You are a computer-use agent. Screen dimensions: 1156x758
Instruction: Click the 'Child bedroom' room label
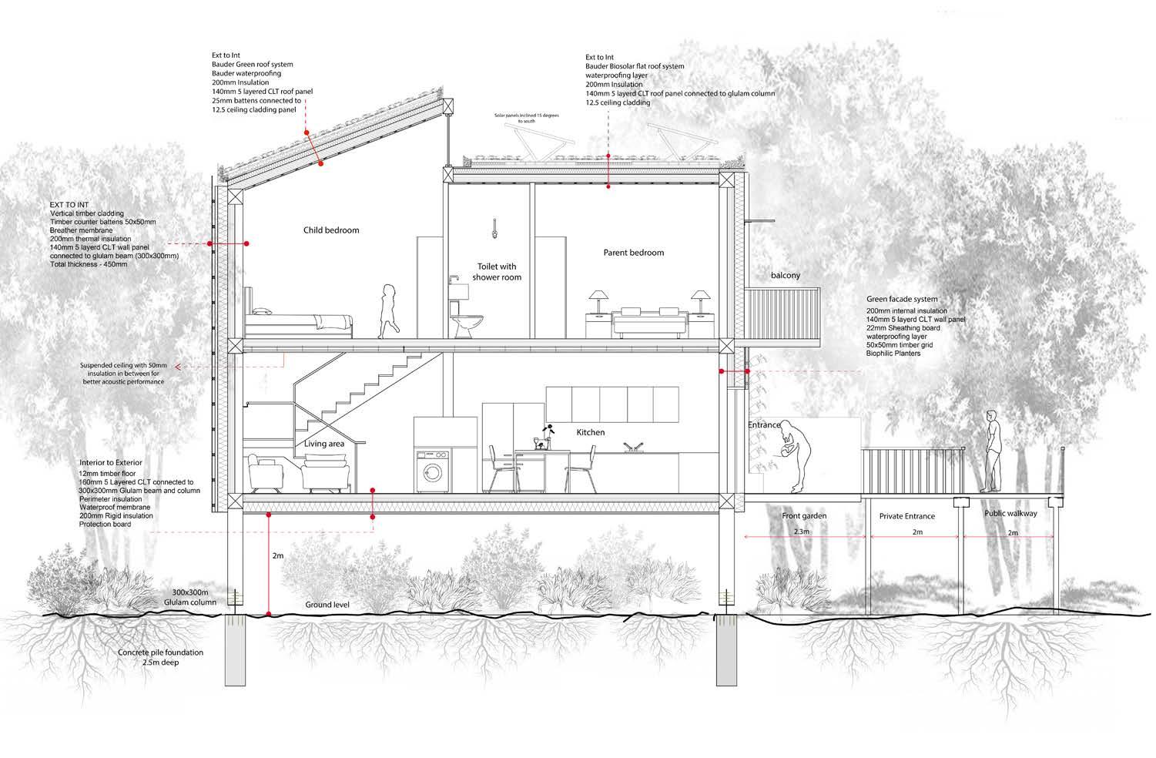pyautogui.click(x=331, y=230)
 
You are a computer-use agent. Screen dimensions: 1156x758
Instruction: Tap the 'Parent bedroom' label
pyautogui.click(x=633, y=253)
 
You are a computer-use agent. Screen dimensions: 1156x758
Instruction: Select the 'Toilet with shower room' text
pyautogui.click(x=497, y=272)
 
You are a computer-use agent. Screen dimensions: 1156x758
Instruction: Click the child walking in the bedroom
pyautogui.click(x=387, y=310)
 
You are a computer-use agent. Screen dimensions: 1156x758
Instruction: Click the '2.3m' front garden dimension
pyautogui.click(x=802, y=532)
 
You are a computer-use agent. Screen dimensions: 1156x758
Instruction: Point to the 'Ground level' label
pyautogui.click(x=327, y=605)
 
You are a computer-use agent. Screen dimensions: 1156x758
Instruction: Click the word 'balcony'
pyautogui.click(x=786, y=275)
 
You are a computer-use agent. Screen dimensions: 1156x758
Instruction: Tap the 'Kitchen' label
pyautogui.click(x=591, y=433)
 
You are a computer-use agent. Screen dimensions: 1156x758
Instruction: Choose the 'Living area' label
pyautogui.click(x=323, y=444)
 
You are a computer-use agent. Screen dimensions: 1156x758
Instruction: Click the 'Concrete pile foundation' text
pyautogui.click(x=161, y=652)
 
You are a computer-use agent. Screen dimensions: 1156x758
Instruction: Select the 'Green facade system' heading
pyautogui.click(x=903, y=300)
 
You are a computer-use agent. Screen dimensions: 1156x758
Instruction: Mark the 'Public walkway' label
pyautogui.click(x=1010, y=513)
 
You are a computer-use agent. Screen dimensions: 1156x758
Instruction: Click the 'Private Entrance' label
pyautogui.click(x=907, y=516)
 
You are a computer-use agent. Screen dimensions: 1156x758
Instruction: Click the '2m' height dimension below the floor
pyautogui.click(x=278, y=555)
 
